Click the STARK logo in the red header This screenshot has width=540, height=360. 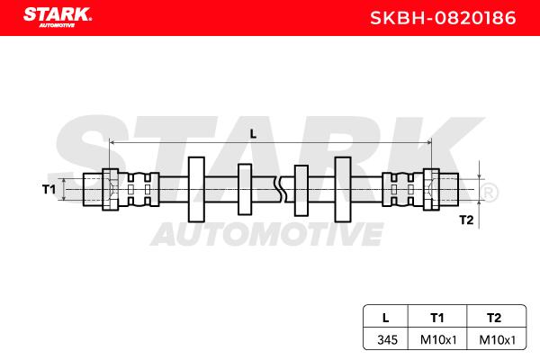[58, 17]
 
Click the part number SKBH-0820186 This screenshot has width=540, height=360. [443, 18]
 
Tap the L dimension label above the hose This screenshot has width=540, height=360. [253, 134]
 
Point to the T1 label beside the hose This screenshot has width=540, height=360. [49, 189]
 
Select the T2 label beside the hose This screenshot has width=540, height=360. [466, 220]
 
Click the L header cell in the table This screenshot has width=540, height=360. [386, 318]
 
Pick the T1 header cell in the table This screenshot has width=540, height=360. [437, 318]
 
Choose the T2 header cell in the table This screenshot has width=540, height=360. [494, 318]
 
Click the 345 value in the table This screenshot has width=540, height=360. [387, 340]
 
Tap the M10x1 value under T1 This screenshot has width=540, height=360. [438, 340]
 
